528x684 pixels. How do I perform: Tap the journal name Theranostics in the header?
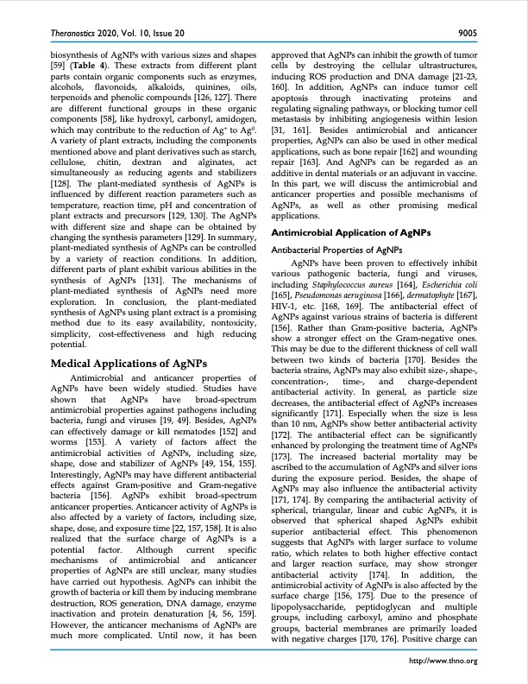[64, 33]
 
